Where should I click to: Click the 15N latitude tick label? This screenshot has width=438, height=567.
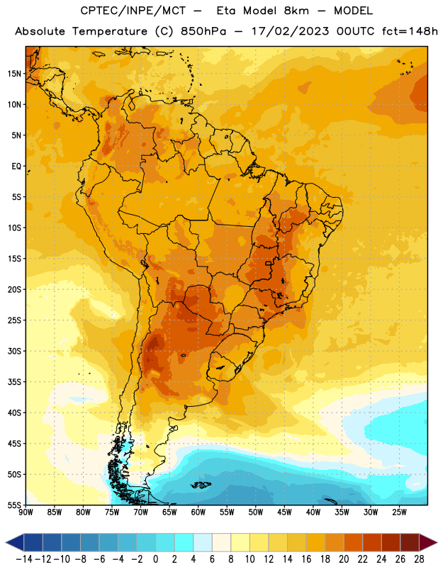14,74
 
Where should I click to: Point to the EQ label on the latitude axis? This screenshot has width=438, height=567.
16,167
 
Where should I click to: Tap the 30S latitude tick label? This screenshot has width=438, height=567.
14,351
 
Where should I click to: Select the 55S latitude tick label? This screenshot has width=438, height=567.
14,505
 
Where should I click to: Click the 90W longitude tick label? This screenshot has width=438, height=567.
26,512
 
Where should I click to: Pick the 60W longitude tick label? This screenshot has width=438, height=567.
198,512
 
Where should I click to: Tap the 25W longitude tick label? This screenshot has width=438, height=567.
399,512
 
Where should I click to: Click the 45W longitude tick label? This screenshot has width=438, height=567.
285,512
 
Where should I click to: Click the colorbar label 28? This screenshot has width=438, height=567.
419,559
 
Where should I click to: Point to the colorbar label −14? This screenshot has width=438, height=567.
24,559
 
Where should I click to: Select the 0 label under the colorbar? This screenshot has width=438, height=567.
156,559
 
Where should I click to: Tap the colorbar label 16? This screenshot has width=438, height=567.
306,559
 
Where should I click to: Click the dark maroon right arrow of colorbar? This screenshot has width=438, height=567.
428,542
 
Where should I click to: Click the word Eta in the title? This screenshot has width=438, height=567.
226,11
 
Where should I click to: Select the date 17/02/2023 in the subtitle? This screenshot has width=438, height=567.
290,31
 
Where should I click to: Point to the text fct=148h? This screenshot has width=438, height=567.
410,31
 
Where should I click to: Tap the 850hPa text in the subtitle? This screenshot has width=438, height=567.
203,31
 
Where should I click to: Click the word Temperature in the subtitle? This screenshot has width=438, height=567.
110,32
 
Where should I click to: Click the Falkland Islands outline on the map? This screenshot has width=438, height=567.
201,485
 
